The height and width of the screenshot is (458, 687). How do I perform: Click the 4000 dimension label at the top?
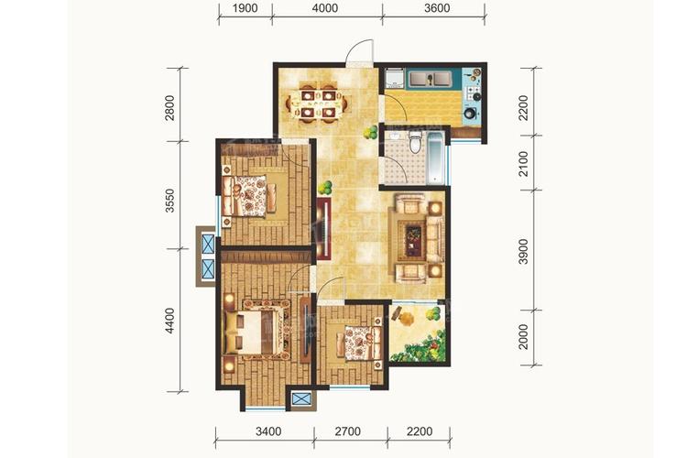tap(326, 8)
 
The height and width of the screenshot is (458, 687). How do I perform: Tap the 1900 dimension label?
tap(245, 8)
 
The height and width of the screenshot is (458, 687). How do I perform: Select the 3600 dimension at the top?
tap(437, 8)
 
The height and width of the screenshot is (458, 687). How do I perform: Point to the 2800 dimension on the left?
tap(170, 108)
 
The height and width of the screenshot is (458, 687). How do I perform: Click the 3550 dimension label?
tap(170, 201)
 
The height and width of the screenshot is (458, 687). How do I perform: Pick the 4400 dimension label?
tap(170, 321)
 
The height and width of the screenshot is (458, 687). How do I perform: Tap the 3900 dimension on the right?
tap(523, 252)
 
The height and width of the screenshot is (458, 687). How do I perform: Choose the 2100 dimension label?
tap(523, 164)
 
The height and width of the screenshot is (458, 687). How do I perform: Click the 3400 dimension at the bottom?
tap(268, 431)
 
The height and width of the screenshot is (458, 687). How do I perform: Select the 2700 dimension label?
tap(348, 431)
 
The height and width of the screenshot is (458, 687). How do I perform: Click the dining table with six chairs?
tap(316, 104)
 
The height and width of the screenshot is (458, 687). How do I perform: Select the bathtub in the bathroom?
tap(435, 158)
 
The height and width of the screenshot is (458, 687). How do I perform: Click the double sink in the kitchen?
tap(431, 79)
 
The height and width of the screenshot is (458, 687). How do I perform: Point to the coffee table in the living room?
tap(413, 240)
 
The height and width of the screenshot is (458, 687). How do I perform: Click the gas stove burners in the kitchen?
tap(473, 93)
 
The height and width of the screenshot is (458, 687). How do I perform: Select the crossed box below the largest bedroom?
tap(301, 398)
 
